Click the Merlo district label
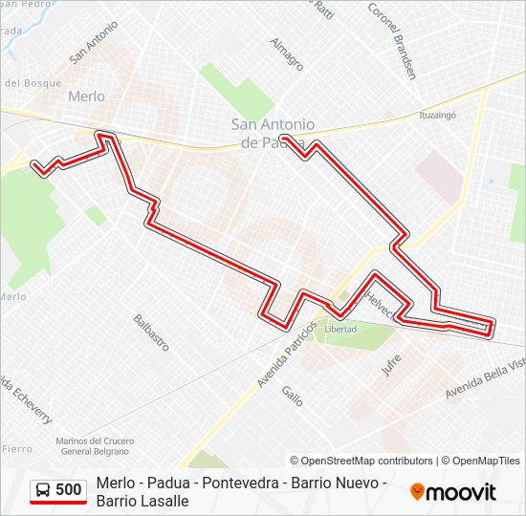[86, 97]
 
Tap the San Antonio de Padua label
[273, 133]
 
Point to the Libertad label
[340, 329]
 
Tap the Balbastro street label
[151, 332]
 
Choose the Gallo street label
[292, 395]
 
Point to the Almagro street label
[286, 54]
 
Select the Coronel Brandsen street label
[392, 38]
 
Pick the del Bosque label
[34, 83]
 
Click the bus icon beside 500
[43, 490]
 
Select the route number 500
[68, 490]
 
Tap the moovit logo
[453, 492]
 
